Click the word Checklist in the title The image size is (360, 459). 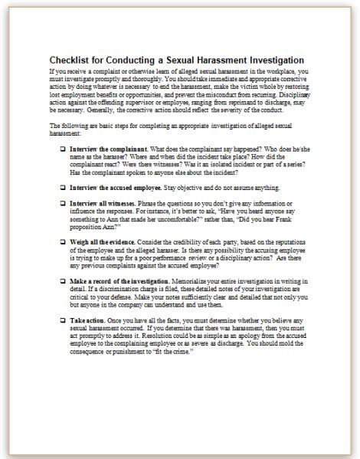[x=71, y=59]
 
